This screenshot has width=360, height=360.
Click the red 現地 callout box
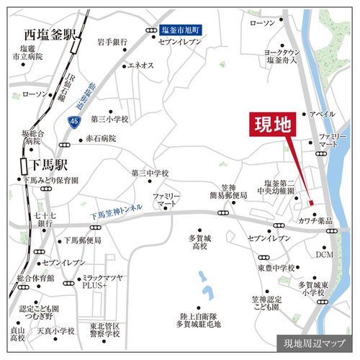coord(273,125)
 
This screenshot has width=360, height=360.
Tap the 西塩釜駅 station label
coord(50,34)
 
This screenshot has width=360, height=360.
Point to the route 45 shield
coord(74,122)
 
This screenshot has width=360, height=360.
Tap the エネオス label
coord(140,66)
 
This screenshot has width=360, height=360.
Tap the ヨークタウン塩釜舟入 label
coord(302,57)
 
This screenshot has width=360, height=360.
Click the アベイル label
coord(322,114)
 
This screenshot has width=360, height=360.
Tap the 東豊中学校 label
coord(276,269)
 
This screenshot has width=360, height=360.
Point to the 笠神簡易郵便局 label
coord(228,189)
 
